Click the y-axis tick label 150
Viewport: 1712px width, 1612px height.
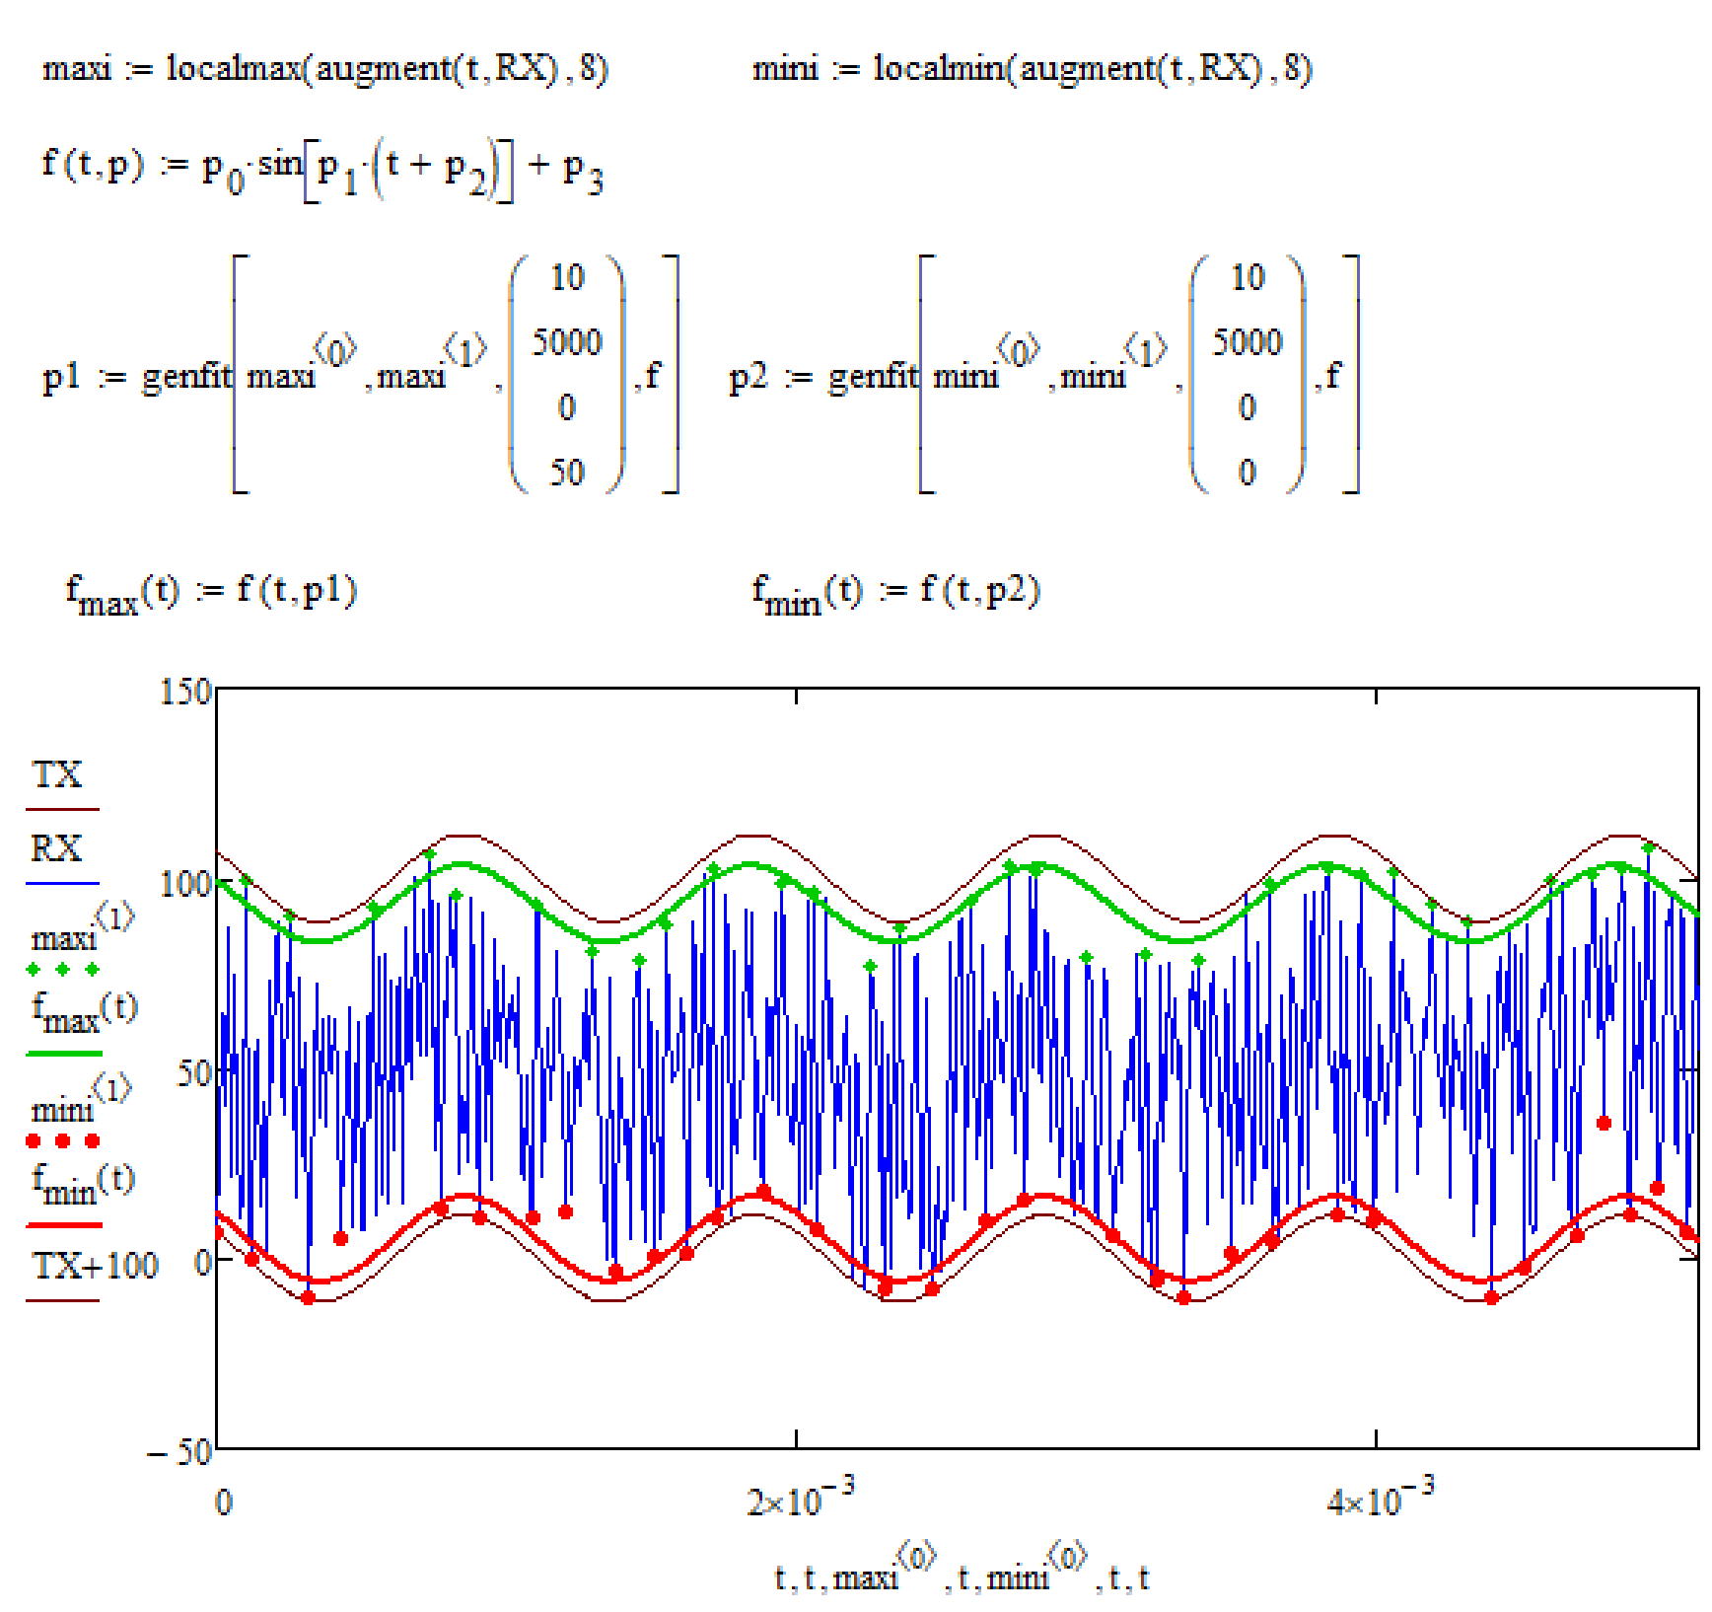pyautogui.click(x=185, y=692)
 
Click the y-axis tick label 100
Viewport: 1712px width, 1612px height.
pyautogui.click(x=185, y=883)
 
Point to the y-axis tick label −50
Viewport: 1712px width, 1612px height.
pyautogui.click(x=179, y=1451)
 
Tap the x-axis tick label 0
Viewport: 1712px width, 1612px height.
pyautogui.click(x=224, y=1502)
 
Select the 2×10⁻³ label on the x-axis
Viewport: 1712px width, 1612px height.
pyautogui.click(x=799, y=1499)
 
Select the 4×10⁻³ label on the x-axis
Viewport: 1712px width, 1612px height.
pyautogui.click(x=1379, y=1499)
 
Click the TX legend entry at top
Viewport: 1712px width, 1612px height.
pyautogui.click(x=57, y=775)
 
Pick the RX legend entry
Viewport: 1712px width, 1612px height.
pyautogui.click(x=56, y=848)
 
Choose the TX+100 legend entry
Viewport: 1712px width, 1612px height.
pyautogui.click(x=95, y=1266)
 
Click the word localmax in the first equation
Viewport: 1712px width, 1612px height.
pyautogui.click(x=234, y=68)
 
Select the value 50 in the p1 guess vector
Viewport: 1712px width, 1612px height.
pyautogui.click(x=567, y=473)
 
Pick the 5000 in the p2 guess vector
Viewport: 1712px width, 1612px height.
pyautogui.click(x=1248, y=342)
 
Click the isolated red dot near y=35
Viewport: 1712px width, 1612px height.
pyautogui.click(x=1604, y=1123)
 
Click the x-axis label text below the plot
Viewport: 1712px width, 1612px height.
pyautogui.click(x=962, y=1576)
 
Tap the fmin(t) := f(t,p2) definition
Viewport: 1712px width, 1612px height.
pyautogui.click(x=895, y=592)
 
